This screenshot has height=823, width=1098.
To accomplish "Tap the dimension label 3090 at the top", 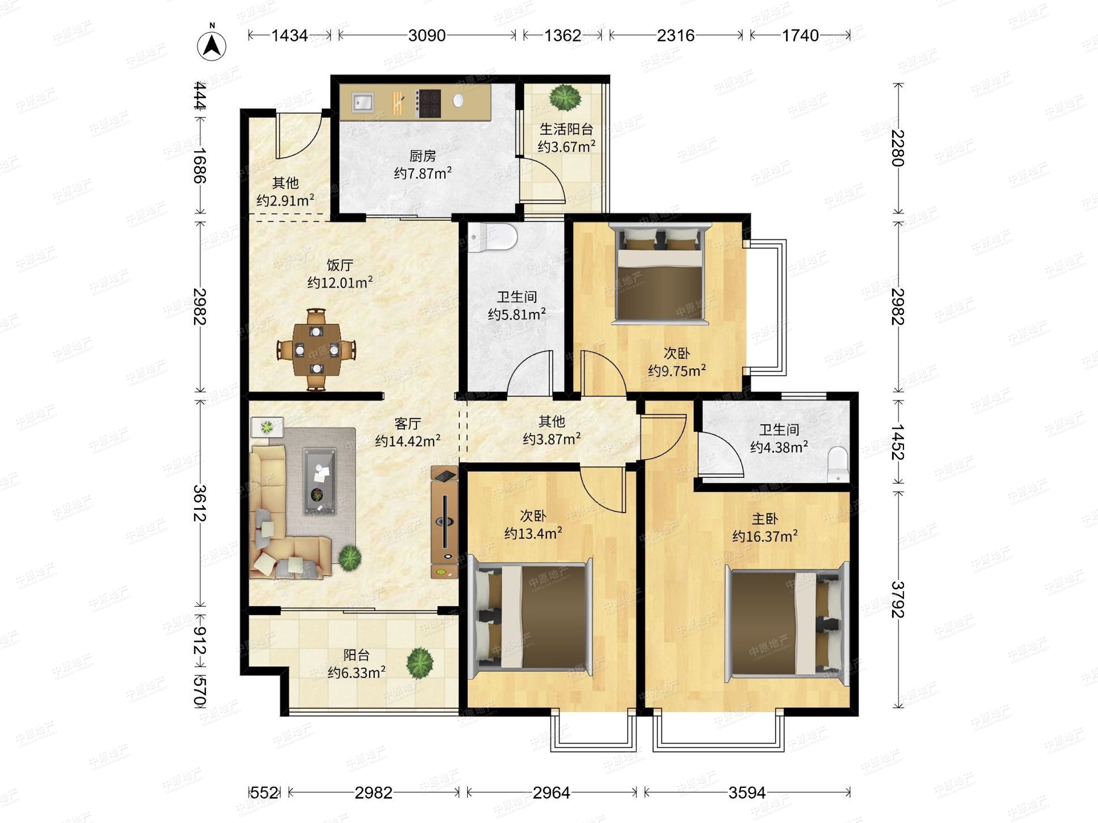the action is click(x=426, y=35).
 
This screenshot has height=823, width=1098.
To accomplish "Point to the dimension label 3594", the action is click(x=747, y=793).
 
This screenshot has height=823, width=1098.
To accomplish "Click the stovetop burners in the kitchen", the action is click(x=428, y=103).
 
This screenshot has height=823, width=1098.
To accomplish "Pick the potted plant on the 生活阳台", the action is click(x=565, y=98).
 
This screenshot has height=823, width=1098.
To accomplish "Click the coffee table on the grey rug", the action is click(x=320, y=481).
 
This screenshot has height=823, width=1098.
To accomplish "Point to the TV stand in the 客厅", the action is click(x=444, y=522).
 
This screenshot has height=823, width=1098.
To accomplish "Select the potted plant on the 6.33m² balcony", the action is click(x=420, y=663).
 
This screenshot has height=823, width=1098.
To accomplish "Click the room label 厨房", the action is click(x=422, y=156).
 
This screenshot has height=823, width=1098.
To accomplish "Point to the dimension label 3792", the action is click(x=898, y=599).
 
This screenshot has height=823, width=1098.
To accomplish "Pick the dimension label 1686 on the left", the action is click(x=199, y=165).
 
